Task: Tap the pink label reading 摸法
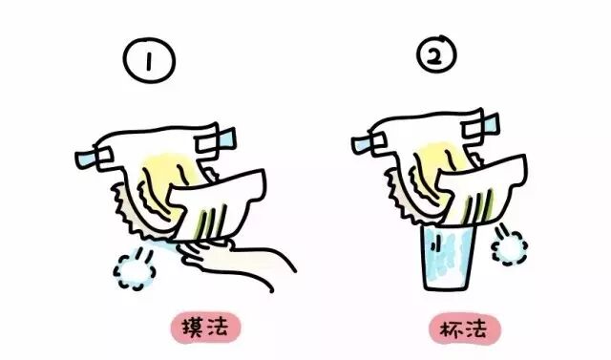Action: [205, 328]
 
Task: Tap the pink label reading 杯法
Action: [465, 330]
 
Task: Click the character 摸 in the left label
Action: [193, 328]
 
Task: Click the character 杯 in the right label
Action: [452, 330]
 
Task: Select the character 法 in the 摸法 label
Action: [217, 327]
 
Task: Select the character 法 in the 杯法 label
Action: [476, 330]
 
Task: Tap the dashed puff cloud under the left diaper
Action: [135, 271]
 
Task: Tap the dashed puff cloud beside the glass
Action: [510, 247]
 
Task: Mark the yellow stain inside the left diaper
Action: [163, 176]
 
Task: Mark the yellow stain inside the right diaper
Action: [440, 163]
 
